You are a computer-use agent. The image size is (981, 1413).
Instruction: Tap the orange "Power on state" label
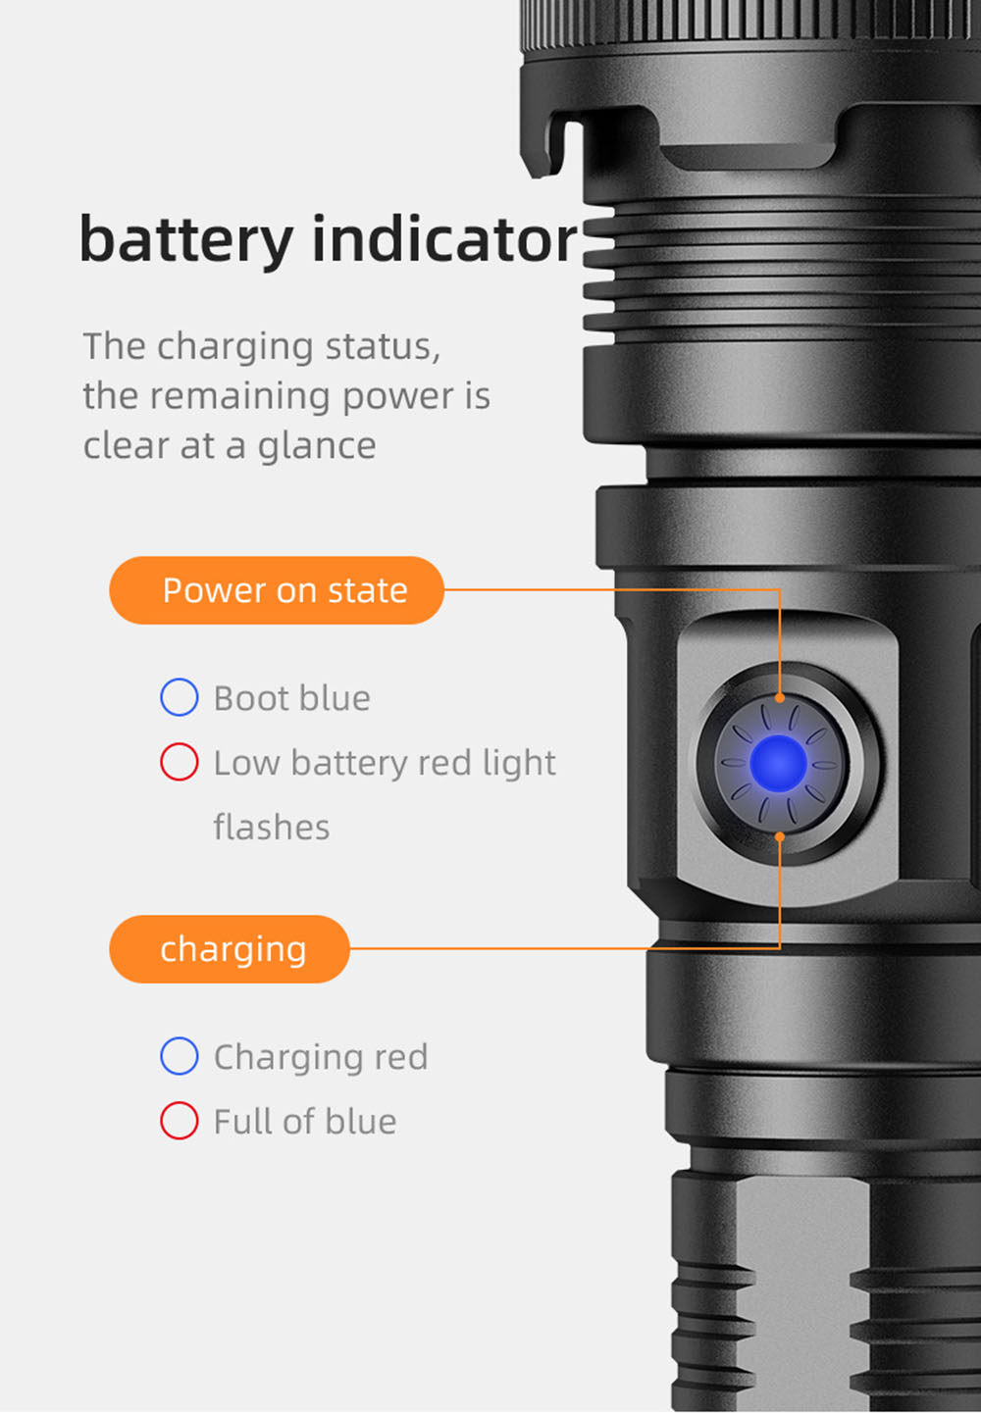pos(277,590)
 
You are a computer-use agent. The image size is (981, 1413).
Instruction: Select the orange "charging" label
pos(231,949)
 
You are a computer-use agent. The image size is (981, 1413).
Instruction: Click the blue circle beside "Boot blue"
pos(180,698)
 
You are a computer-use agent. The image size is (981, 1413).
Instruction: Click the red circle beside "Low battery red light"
pos(180,762)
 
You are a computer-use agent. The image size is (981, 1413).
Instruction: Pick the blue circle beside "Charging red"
pos(180,1057)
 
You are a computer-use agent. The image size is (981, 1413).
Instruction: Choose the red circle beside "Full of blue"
pos(180,1121)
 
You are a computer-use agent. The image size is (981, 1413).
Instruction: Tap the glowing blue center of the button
pos(779,764)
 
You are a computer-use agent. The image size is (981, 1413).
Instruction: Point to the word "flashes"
pos(272,828)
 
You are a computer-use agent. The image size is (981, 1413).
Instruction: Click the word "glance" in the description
pos(316,446)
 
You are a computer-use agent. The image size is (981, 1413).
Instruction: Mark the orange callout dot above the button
pos(780,698)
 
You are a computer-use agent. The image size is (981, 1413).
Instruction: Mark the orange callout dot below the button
pos(780,836)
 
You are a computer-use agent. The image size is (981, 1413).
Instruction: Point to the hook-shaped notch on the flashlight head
pos(550,147)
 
